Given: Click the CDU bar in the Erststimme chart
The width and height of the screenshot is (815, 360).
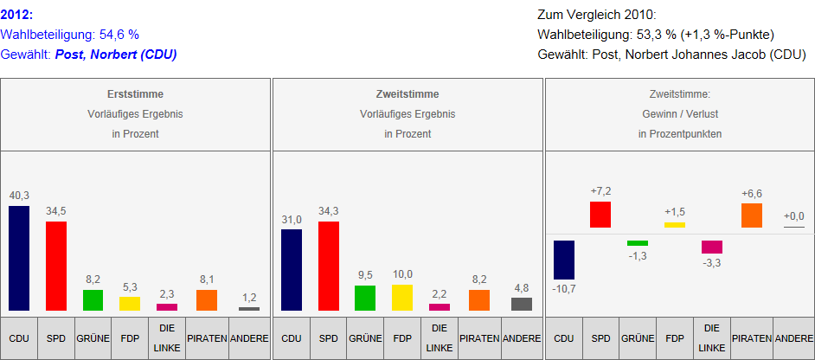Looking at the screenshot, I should pyautogui.click(x=19, y=258).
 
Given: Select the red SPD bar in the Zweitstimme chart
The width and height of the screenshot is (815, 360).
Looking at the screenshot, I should pyautogui.click(x=329, y=266).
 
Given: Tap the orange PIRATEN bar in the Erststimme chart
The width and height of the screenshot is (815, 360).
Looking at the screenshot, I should pyautogui.click(x=207, y=299).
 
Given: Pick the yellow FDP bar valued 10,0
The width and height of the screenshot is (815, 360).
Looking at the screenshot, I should pyautogui.click(x=402, y=297).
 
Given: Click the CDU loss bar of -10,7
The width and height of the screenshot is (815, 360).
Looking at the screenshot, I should pyautogui.click(x=563, y=260).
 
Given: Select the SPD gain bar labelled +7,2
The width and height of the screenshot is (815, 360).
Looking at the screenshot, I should pyautogui.click(x=600, y=215).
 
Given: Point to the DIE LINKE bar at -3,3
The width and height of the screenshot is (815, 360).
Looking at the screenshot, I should pyautogui.click(x=712, y=247).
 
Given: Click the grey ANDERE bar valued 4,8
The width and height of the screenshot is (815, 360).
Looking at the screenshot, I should pyautogui.click(x=522, y=304).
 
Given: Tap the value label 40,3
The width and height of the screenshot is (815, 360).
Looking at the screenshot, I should pyautogui.click(x=19, y=196).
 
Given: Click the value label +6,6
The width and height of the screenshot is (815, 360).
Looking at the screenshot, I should pyautogui.click(x=752, y=193).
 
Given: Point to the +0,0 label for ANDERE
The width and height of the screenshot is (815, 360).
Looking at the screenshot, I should pyautogui.click(x=793, y=215).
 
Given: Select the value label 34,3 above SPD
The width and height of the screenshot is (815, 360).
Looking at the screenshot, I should pyautogui.click(x=329, y=211).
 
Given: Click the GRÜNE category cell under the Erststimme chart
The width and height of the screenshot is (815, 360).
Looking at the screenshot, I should pyautogui.click(x=93, y=337).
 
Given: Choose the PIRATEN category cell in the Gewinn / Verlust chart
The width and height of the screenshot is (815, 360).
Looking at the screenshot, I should pyautogui.click(x=752, y=337).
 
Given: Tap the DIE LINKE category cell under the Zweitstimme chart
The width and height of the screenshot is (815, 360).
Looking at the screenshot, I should pyautogui.click(x=440, y=337).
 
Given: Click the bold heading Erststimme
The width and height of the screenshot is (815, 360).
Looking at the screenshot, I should pyautogui.click(x=135, y=94).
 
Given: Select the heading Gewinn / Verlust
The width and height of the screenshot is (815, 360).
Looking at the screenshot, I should pyautogui.click(x=679, y=114).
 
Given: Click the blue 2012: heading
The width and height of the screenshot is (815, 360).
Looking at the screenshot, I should pyautogui.click(x=17, y=15).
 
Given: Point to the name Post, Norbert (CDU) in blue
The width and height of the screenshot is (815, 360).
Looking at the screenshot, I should pyautogui.click(x=116, y=55).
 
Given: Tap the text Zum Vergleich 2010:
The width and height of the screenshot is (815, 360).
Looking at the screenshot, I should pyautogui.click(x=596, y=15).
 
